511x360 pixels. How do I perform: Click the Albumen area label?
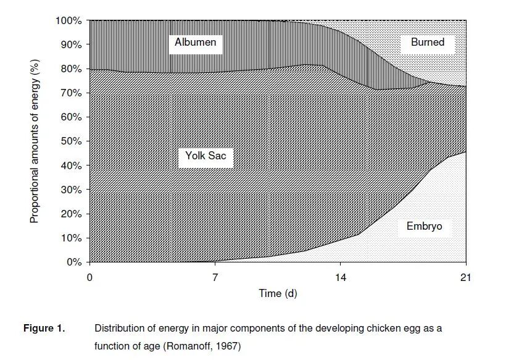[195, 43]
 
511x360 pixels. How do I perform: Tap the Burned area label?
[427, 43]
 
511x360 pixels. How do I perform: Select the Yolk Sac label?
[206, 156]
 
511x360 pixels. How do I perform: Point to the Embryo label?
[424, 227]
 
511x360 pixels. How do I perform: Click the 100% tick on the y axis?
[69, 21]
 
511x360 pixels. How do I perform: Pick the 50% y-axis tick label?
[71, 141]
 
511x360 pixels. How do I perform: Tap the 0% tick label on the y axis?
[73, 262]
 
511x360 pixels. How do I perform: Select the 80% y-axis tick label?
[71, 69]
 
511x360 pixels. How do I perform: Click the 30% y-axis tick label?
[71, 190]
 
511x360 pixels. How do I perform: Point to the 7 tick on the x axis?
[215, 277]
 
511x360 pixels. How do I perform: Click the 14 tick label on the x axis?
[340, 277]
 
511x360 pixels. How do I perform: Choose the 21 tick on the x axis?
[465, 277]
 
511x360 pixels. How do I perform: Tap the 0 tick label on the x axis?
[90, 277]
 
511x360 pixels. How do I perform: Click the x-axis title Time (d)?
[277, 293]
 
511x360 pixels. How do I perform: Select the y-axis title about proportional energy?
[35, 141]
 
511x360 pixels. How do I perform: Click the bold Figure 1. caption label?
[44, 329]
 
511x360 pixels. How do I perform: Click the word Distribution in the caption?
[118, 329]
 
